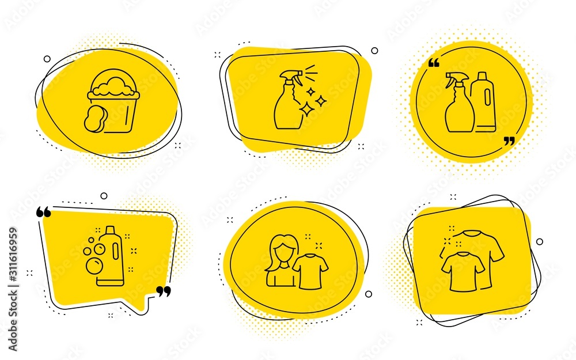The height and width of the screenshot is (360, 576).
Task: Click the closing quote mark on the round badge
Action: (x=509, y=141)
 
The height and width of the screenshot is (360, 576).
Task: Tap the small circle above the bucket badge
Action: (x=47, y=59)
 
